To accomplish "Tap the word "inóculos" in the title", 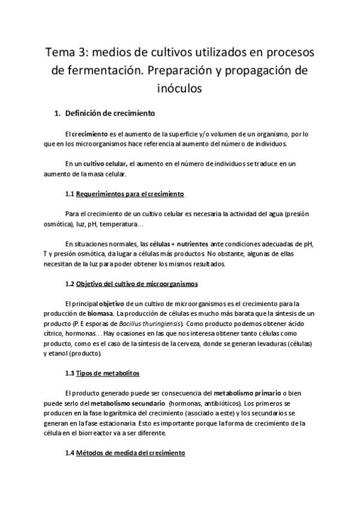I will coord(180,89).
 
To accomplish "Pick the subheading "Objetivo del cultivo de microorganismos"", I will coord(137,283).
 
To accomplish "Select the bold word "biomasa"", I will coord(100,314).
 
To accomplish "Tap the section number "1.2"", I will coord(69,283).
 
